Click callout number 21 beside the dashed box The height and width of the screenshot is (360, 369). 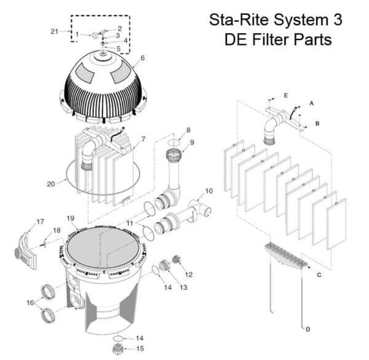(x=54, y=31)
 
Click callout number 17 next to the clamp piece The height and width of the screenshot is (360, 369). (x=41, y=222)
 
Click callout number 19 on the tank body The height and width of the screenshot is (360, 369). (x=71, y=218)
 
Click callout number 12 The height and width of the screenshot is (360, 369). (x=189, y=274)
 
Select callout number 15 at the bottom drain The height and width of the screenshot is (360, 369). (x=140, y=349)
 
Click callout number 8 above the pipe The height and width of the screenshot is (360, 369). (x=189, y=130)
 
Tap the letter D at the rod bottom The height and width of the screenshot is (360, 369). (x=307, y=329)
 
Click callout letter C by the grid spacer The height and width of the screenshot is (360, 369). (x=319, y=274)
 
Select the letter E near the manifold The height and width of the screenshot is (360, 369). (x=286, y=95)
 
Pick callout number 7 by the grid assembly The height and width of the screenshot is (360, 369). (x=143, y=140)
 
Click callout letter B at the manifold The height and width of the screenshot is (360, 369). (x=317, y=123)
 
